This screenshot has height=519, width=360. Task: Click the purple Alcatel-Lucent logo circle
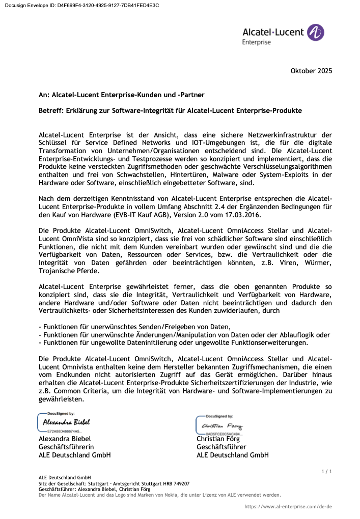coord(316,33)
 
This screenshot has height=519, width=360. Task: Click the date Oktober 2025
coord(311,71)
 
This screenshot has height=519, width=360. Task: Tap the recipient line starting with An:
coord(122,95)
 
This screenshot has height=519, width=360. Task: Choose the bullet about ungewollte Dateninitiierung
coord(173,342)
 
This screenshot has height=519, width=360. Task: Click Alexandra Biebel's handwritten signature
coord(66,422)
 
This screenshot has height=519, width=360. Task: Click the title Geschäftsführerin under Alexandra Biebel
coord(66,447)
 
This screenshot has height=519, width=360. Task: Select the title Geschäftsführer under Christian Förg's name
coord(221,447)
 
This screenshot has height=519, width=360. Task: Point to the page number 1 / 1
coord(326,472)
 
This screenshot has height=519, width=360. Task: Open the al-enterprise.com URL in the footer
coord(288,507)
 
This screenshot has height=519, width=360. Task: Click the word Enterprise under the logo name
coord(257,42)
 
